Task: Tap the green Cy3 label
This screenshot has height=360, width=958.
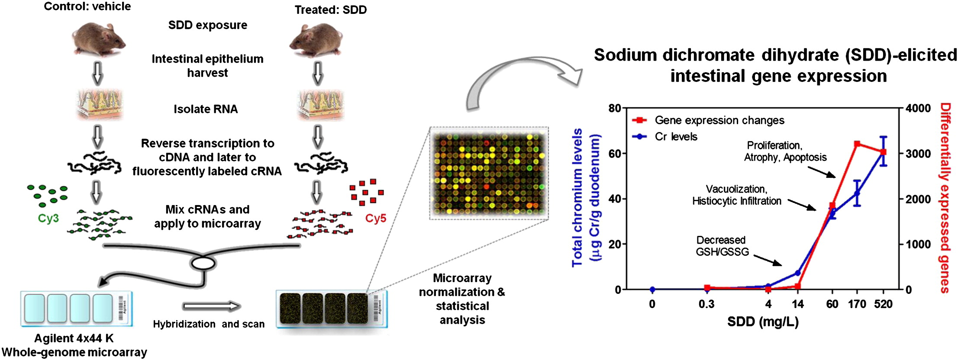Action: [48, 219]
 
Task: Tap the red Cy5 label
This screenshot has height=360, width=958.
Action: [375, 219]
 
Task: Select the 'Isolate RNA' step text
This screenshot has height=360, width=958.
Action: [206, 109]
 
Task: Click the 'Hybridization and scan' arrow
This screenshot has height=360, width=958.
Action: [211, 306]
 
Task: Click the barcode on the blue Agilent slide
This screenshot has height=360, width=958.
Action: [121, 309]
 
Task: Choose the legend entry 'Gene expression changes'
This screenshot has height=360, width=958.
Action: [719, 120]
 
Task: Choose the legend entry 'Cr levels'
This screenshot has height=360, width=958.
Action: [676, 137]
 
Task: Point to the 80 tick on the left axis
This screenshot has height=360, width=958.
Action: [615, 108]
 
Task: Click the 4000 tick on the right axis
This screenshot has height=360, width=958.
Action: [919, 108]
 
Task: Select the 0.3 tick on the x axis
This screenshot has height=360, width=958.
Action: [706, 304]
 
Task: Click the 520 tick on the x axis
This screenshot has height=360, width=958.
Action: [883, 304]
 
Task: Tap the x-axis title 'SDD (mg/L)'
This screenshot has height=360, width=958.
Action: [763, 322]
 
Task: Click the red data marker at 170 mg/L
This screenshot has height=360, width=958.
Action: [857, 144]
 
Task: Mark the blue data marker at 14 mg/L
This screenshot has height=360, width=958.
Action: [798, 273]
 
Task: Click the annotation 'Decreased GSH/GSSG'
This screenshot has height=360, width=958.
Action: [722, 246]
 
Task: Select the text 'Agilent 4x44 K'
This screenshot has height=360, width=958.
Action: [74, 338]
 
